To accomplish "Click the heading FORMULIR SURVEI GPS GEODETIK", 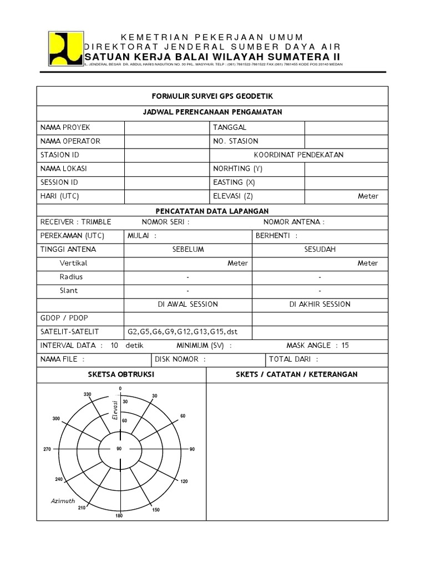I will [214, 96].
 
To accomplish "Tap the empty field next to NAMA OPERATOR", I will [165, 141].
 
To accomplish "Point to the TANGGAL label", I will [230, 127].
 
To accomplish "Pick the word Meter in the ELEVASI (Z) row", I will [368, 196].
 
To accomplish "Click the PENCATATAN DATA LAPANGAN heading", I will [214, 211].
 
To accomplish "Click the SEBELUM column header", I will [188, 250].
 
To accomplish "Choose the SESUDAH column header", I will [320, 250].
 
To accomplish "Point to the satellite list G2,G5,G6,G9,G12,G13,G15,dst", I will [182, 332].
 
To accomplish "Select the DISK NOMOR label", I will [181, 359].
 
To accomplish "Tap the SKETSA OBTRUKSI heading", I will [121, 374].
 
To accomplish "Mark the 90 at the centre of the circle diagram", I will [119, 448].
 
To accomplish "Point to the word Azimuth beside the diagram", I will [63, 501].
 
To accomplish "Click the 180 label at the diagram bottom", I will [119, 516].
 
